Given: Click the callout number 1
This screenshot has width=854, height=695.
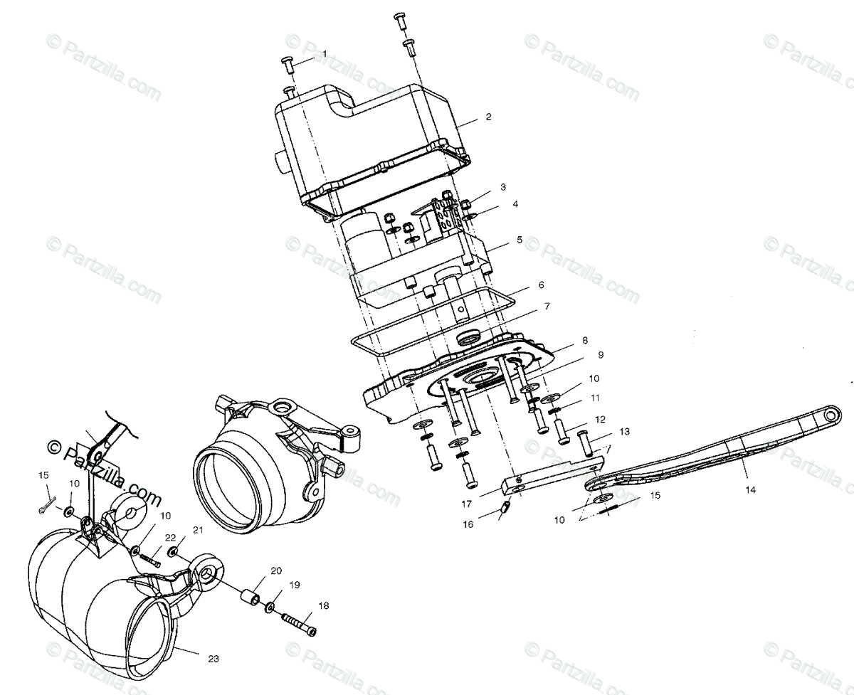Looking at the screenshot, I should (x=325, y=54).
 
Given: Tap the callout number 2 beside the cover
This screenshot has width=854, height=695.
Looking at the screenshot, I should (x=487, y=117).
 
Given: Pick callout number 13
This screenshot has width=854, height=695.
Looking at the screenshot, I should (x=624, y=431).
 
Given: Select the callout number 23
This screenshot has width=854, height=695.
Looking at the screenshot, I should (x=213, y=659).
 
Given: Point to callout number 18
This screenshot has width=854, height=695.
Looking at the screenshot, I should (x=324, y=605).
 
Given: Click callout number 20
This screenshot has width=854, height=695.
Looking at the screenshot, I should (x=275, y=571).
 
